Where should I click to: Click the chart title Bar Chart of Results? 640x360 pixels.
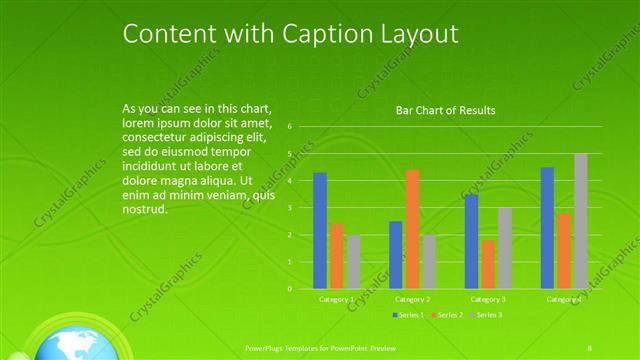[446, 110]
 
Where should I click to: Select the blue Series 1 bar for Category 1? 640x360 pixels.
[320, 230]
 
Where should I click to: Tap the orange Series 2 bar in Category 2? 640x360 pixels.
[412, 229]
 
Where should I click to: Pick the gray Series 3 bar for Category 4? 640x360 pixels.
[581, 221]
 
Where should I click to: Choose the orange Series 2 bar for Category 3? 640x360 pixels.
[488, 264]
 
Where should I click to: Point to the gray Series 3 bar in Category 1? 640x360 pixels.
[353, 261]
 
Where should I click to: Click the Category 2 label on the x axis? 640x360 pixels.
[412, 299]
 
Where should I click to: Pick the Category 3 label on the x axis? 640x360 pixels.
[488, 299]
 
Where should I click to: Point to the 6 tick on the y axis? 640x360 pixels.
[289, 127]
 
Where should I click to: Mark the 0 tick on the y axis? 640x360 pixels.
[289, 289]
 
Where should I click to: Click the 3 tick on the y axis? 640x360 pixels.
[289, 208]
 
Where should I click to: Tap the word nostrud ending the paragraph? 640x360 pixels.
[143, 210]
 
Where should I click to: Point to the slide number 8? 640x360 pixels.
[590, 347]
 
